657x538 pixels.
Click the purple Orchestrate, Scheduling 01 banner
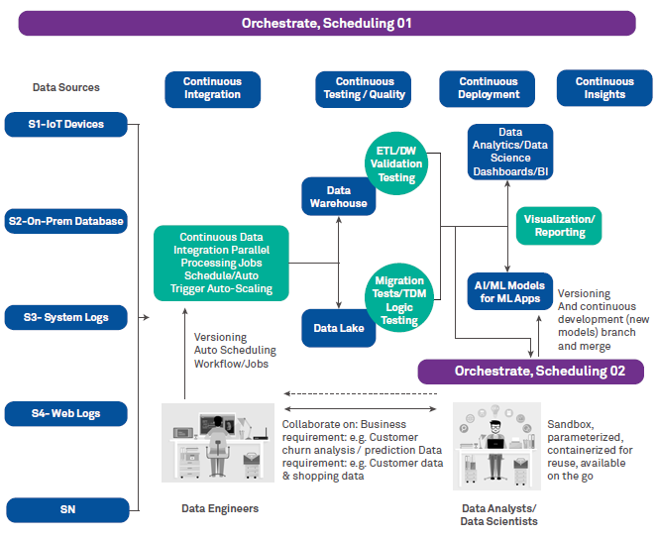tap(326, 23)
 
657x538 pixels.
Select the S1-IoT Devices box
tap(67, 125)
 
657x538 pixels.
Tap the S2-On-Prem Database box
tap(67, 221)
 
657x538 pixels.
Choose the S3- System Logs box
tap(67, 317)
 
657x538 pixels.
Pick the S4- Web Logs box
tap(67, 413)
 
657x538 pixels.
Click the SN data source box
tap(67, 509)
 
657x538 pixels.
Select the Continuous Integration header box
tap(212, 88)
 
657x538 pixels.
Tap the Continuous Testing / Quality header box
tap(365, 88)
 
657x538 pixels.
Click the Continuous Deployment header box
tap(489, 88)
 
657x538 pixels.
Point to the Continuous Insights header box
tap(604, 88)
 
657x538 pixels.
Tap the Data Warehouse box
tap(339, 196)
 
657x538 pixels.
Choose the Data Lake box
tap(339, 328)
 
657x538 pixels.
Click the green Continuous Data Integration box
tap(221, 264)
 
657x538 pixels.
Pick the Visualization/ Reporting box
tap(559, 226)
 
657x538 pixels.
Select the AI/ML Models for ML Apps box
tap(508, 291)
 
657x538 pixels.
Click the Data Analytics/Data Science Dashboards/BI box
tap(510, 151)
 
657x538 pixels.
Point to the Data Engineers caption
tap(220, 508)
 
